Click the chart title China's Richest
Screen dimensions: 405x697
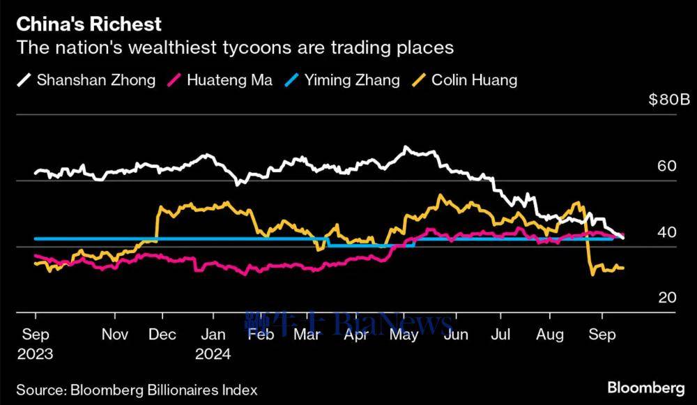89,24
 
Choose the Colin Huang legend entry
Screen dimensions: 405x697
474,79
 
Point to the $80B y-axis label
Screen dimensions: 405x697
668,100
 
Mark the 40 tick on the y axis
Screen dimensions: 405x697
667,231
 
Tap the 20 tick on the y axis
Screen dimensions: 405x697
667,298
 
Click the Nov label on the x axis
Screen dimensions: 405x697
115,335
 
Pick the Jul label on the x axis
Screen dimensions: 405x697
500,335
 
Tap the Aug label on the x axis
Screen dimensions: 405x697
550,335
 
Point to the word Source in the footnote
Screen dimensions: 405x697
39,390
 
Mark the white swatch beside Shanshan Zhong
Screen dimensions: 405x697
23,79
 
